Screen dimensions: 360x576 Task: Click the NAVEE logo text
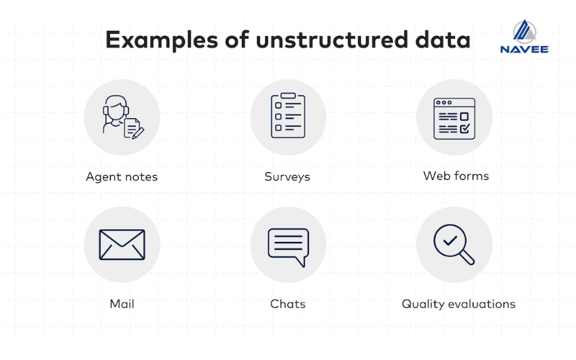pos(524,49)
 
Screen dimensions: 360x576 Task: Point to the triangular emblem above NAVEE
pos(524,31)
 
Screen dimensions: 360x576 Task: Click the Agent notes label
pos(122,176)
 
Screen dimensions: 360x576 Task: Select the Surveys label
pos(287,176)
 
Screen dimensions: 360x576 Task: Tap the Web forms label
pos(456,176)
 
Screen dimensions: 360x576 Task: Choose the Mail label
pos(122,304)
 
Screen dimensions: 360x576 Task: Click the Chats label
pos(287,304)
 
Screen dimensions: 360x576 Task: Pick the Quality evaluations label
pos(459,304)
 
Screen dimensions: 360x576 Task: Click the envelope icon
pos(122,245)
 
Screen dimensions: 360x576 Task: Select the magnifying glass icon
pos(454,245)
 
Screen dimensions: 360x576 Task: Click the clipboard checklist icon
pos(287,115)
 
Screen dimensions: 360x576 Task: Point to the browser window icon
pos(454,118)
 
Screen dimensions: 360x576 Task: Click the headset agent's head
pos(114,108)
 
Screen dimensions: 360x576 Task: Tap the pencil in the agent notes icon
pos(138,132)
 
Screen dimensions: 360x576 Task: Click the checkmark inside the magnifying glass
pos(449,240)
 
